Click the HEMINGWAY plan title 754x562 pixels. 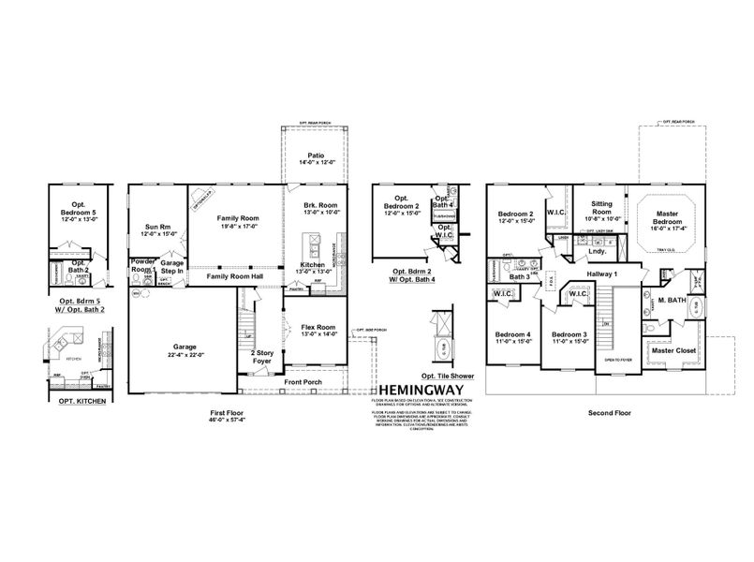click(421, 394)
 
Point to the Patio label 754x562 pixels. click(317, 158)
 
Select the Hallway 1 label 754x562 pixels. click(604, 273)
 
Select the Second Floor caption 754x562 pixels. click(607, 411)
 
